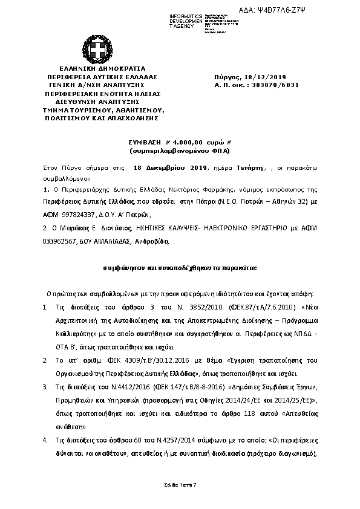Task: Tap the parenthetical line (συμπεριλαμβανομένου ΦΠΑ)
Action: (179, 148)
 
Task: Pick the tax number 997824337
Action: (77, 214)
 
